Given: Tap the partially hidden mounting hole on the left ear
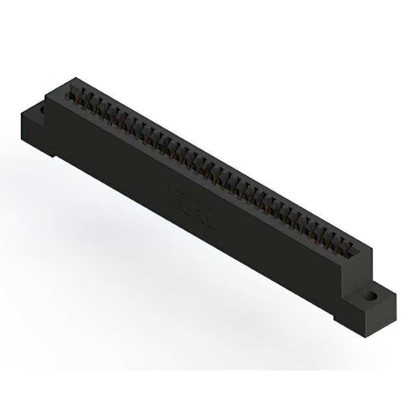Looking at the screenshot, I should click(x=44, y=110).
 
